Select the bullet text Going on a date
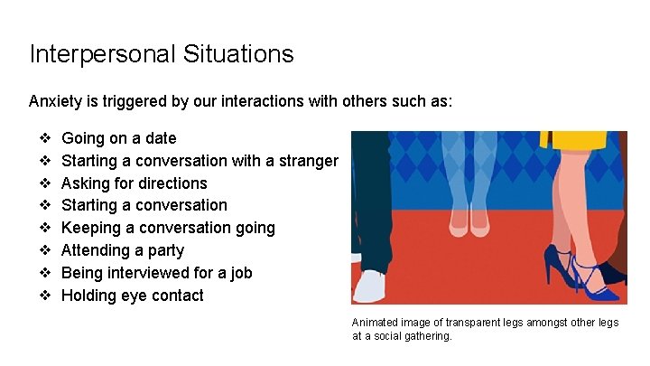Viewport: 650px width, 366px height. pyautogui.click(x=118, y=138)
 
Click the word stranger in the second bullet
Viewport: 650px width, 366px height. pyautogui.click(x=309, y=161)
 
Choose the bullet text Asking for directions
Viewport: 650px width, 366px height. pyautogui.click(x=134, y=183)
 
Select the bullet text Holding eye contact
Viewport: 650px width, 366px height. pyautogui.click(x=132, y=296)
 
